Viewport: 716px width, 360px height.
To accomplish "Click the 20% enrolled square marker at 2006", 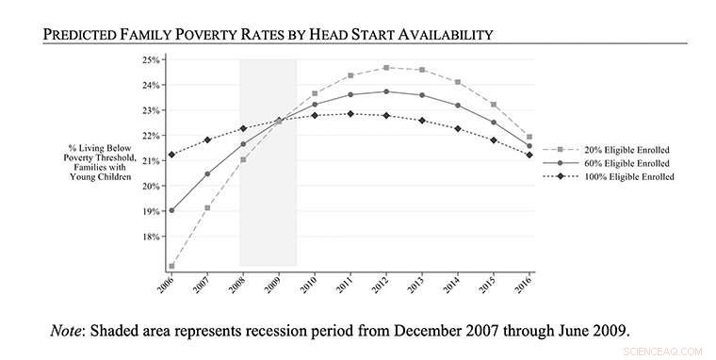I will (x=171, y=266).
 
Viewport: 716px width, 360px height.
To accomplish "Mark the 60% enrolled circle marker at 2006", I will (x=171, y=210).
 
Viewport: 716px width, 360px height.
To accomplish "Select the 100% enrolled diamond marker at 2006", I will (x=171, y=155).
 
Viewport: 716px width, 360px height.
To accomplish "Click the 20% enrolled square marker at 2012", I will (x=386, y=68).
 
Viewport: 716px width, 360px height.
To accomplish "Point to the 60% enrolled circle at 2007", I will (x=206, y=173).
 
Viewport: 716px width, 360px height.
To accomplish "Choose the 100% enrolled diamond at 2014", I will (x=458, y=128).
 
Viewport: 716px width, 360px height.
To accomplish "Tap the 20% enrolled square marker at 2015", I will (x=494, y=105).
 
